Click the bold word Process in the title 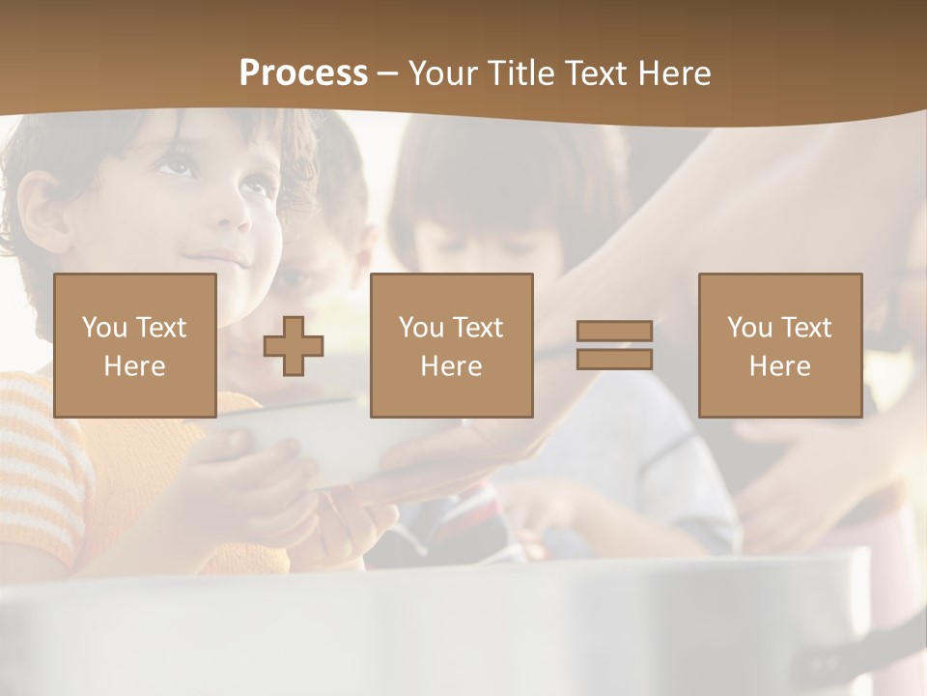tap(303, 73)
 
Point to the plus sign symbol tap(294, 346)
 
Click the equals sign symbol tap(614, 345)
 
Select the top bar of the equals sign tap(614, 332)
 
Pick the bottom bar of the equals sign tap(614, 359)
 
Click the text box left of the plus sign tap(135, 345)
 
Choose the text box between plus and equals tap(452, 345)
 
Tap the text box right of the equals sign tap(780, 345)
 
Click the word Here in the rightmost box tap(780, 365)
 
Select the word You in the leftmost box tap(103, 328)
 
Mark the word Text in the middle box tap(478, 328)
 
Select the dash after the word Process tap(387, 73)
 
